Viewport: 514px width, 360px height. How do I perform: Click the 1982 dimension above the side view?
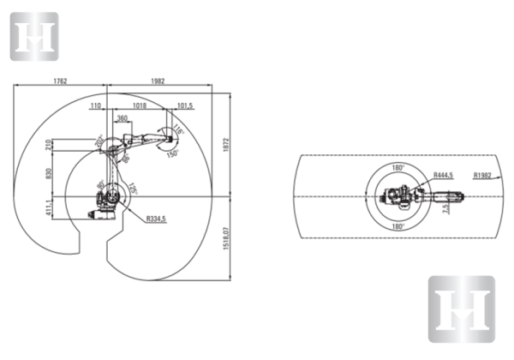(x=157, y=81)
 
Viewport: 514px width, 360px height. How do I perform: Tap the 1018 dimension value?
(x=140, y=105)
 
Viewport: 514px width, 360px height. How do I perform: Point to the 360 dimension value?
(x=123, y=118)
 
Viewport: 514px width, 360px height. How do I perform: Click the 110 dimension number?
(x=95, y=105)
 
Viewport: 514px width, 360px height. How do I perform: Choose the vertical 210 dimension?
(x=48, y=145)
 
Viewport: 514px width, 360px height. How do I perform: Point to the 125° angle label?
(x=134, y=189)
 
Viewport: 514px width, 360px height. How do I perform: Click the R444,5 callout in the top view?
(x=443, y=175)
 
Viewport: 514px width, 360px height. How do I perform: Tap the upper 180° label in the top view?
(x=398, y=167)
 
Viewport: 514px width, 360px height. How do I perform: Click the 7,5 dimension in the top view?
(x=445, y=207)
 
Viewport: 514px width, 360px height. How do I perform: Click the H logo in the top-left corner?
(x=33, y=37)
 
